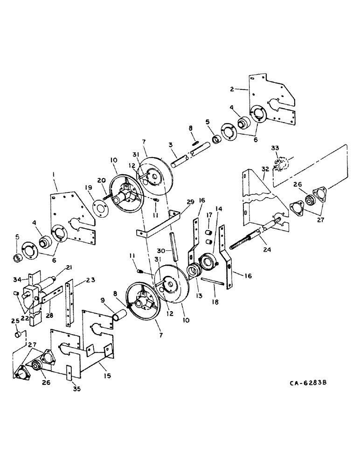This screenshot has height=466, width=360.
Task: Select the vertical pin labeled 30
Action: pyautogui.click(x=175, y=247)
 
